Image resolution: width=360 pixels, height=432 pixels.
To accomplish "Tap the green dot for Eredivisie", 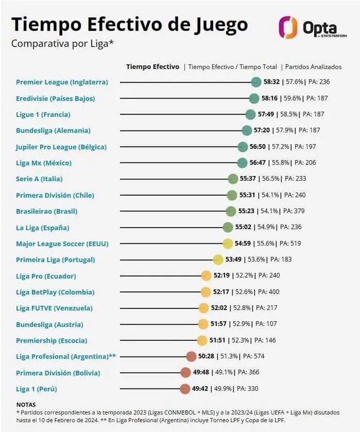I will click(x=254, y=99).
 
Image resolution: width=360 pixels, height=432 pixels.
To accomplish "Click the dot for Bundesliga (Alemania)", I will click(x=246, y=131).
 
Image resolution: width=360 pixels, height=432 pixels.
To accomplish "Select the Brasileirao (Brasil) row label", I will click(x=46, y=211).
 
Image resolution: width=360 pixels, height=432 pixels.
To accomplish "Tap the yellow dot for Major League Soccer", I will click(x=228, y=243).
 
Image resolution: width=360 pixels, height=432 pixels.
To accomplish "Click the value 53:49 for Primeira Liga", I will click(x=234, y=260).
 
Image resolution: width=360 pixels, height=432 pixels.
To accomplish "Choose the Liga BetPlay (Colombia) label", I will click(x=55, y=292).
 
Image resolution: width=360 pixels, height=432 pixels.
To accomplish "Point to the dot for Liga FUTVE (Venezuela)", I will click(x=204, y=308).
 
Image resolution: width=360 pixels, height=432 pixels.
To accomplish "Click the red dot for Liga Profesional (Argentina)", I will click(x=191, y=356).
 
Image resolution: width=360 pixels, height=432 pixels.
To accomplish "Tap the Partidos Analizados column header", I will click(x=313, y=67).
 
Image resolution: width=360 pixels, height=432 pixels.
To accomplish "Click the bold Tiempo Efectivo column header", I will click(x=153, y=67).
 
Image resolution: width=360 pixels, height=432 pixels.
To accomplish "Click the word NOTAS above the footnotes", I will click(x=26, y=404).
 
